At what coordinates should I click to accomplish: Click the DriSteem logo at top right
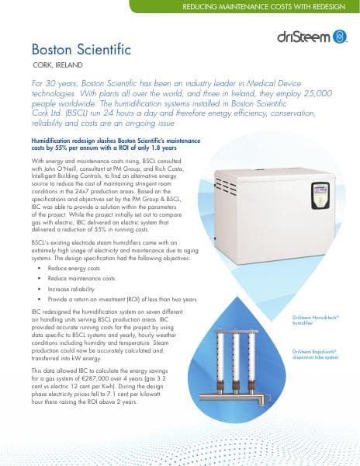click(x=317, y=37)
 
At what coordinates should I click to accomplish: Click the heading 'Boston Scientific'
click(x=81, y=50)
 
